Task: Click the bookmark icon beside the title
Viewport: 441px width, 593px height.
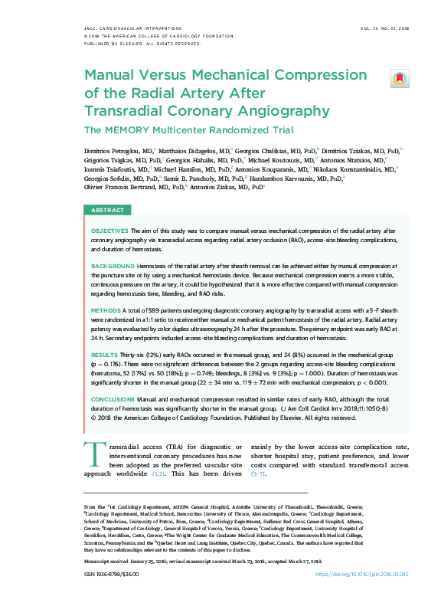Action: coord(400,78)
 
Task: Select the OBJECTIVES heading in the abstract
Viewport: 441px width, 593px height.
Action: coord(110,230)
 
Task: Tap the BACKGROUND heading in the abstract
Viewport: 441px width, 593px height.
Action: coord(113,265)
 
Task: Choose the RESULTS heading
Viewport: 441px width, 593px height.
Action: coord(104,356)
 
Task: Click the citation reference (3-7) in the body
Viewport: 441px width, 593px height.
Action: coord(258,474)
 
